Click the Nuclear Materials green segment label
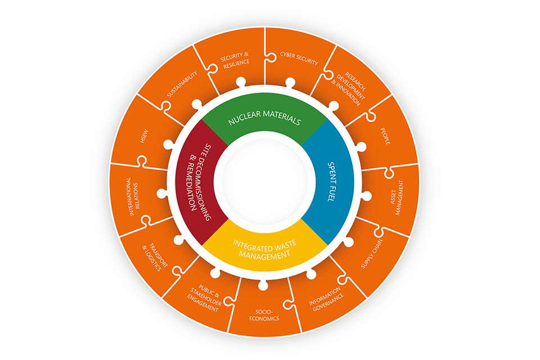pos(264,118)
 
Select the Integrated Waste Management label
pos(264,250)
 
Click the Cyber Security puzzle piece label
pos(299,58)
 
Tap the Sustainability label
pos(182,84)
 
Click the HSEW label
pos(144,136)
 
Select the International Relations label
pos(133,196)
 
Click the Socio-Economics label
pos(264,315)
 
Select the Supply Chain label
pos(372,254)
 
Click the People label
pos(385,136)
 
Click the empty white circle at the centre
pos(264,182)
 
